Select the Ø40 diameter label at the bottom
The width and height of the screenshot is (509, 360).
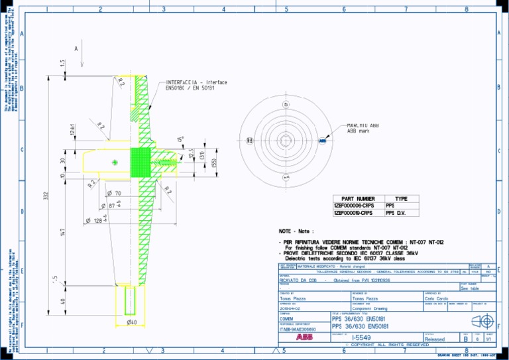pyautogui.click(x=132, y=322)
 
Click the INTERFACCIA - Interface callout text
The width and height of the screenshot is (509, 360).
pyautogui.click(x=196, y=83)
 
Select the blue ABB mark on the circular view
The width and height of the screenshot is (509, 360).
pyautogui.click(x=322, y=140)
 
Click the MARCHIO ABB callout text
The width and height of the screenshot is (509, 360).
pyautogui.click(x=363, y=125)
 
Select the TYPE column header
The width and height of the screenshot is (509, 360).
pyautogui.click(x=401, y=198)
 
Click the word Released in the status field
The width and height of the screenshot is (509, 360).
pyautogui.click(x=435, y=339)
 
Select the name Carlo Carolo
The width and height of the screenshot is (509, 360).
pyautogui.click(x=437, y=298)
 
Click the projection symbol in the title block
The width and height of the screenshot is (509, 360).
pyautogui.click(x=486, y=322)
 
